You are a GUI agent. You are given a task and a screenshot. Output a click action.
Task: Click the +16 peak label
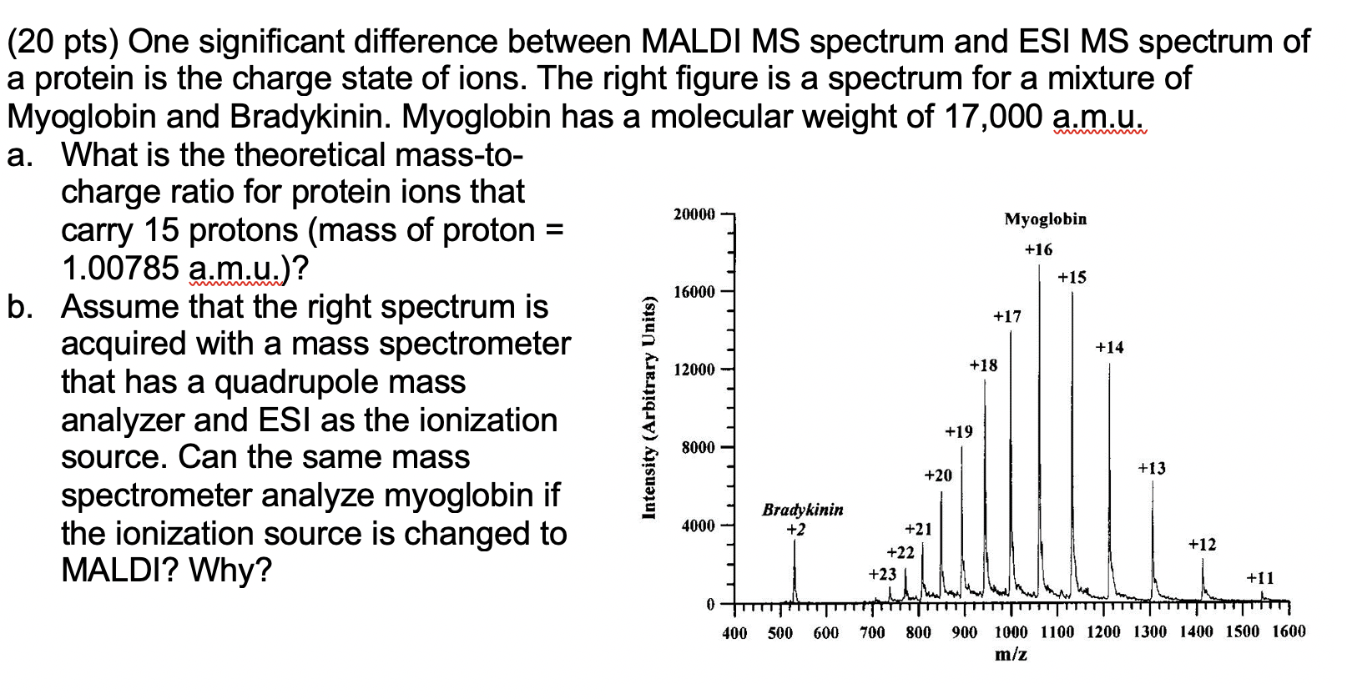pyautogui.click(x=1038, y=249)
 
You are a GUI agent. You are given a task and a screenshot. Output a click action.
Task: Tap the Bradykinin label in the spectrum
pyautogui.click(x=802, y=510)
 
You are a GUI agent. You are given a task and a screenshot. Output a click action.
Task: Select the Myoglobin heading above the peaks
pyautogui.click(x=1045, y=219)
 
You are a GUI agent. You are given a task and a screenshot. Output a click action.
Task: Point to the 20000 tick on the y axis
pyautogui.click(x=694, y=214)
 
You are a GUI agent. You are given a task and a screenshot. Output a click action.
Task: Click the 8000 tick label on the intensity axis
pyautogui.click(x=698, y=448)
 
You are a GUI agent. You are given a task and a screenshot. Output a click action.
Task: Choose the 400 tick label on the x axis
pyautogui.click(x=734, y=633)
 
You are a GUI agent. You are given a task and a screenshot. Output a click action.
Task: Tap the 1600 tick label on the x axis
pyautogui.click(x=1289, y=631)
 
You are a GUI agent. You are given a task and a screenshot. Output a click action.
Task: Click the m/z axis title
pyautogui.click(x=1011, y=655)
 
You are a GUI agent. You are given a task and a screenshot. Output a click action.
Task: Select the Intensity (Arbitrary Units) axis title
pyautogui.click(x=648, y=408)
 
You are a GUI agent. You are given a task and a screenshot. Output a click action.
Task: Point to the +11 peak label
pyautogui.click(x=1259, y=578)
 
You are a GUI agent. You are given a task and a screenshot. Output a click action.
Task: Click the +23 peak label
pyautogui.click(x=882, y=574)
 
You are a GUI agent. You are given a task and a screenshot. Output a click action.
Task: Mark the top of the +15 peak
pyautogui.click(x=1072, y=293)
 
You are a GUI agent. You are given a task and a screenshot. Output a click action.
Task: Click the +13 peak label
pyautogui.click(x=1152, y=469)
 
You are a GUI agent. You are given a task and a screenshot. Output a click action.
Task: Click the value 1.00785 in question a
pyautogui.click(x=120, y=269)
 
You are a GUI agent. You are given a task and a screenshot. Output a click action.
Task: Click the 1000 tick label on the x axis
pyautogui.click(x=1011, y=632)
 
